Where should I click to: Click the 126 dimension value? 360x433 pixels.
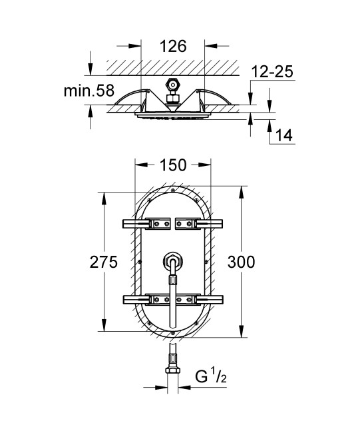point(173,47)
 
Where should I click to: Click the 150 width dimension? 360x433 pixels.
point(172,165)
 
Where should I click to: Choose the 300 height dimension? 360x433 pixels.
point(241,262)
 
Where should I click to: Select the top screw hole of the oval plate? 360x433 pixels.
point(172,193)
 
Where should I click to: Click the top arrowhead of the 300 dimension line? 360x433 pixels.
point(241,193)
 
